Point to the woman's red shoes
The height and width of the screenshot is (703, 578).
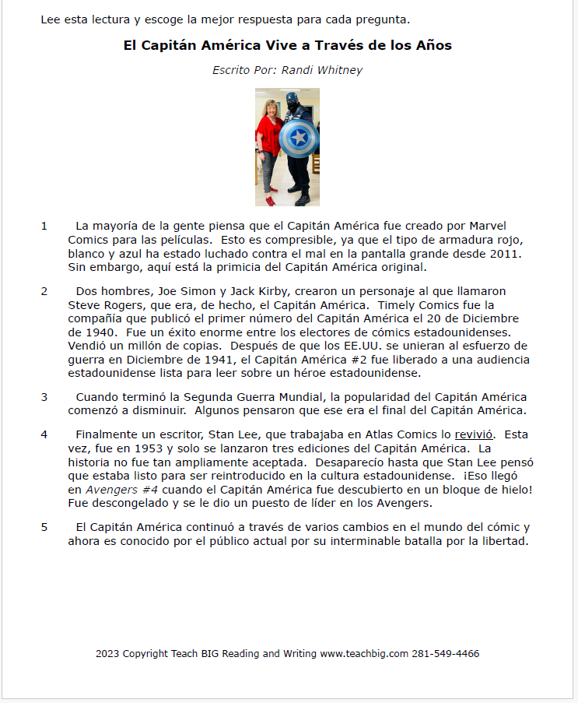tap(271, 200)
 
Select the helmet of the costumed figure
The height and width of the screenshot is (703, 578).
tap(293, 100)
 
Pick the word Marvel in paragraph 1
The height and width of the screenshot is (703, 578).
tap(488, 226)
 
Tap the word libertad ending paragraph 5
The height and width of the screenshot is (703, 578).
tap(505, 541)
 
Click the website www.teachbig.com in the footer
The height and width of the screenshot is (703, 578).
tap(364, 654)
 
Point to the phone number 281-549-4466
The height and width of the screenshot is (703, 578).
tap(446, 654)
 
